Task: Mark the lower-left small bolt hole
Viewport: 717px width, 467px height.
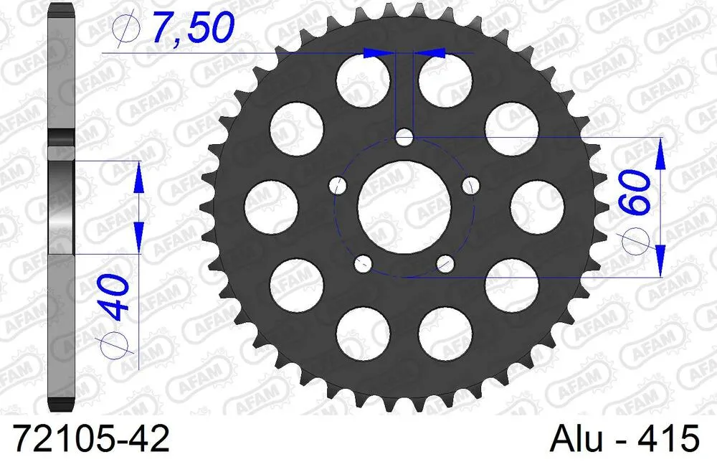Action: click(363, 263)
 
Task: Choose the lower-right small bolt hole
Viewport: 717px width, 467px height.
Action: click(445, 263)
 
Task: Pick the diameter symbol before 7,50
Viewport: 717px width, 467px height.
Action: click(125, 29)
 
